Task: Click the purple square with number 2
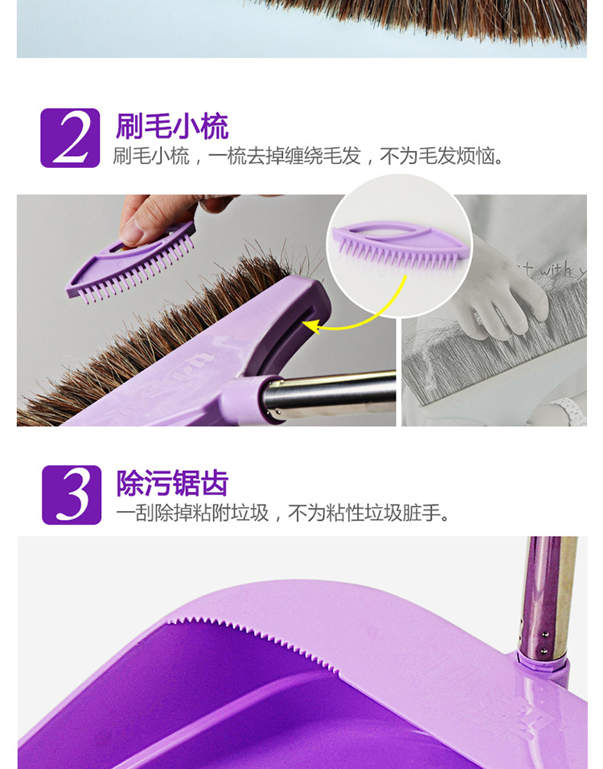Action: [x=70, y=138]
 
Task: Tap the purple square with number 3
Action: [x=72, y=495]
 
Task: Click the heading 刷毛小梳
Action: [x=172, y=126]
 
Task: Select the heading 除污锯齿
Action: [x=172, y=483]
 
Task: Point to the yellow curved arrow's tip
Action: [x=304, y=324]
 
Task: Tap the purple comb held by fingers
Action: [x=130, y=263]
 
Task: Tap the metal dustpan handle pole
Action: [x=548, y=599]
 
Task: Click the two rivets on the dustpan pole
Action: [x=544, y=643]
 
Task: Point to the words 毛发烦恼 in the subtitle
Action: [x=456, y=156]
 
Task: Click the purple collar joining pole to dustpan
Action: [x=543, y=663]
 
